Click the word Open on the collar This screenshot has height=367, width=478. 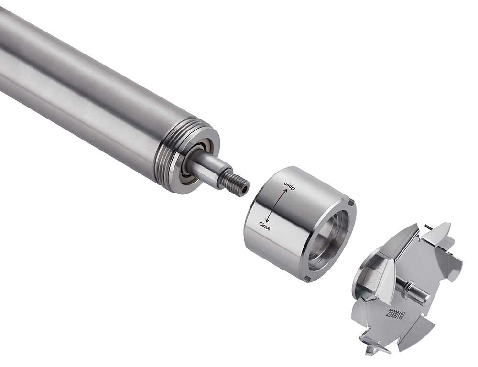pyautogui.click(x=290, y=185)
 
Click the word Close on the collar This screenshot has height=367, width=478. pyautogui.click(x=265, y=226)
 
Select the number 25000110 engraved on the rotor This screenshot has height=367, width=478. pyautogui.click(x=395, y=313)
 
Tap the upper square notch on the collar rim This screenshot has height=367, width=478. pyautogui.click(x=351, y=202)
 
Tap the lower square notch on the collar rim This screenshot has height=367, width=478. pyautogui.click(x=308, y=279)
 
